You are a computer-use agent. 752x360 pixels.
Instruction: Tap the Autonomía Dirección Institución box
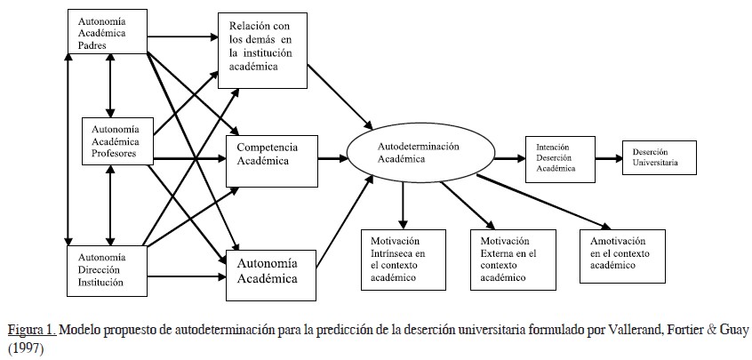pos(108,270)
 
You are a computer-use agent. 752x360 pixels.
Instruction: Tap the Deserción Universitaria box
pos(659,156)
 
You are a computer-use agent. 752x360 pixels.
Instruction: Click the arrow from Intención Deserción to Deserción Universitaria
pos(609,158)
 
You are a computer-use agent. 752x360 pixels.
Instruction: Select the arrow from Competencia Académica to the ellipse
pos(332,160)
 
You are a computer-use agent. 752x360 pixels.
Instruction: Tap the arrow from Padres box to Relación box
pos(183,37)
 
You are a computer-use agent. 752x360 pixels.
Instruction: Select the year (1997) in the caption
pos(24,348)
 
